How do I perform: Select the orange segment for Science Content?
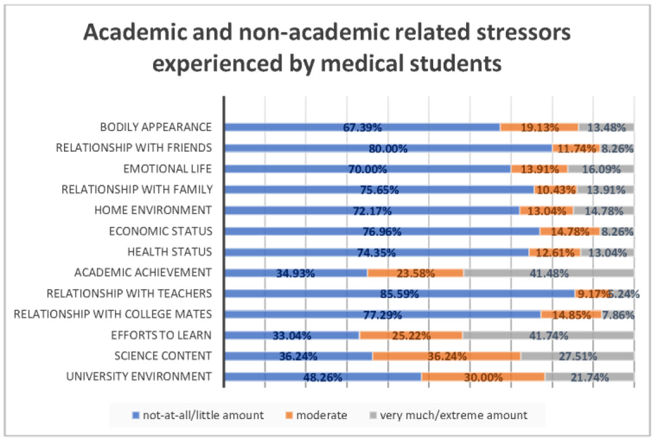[446, 356]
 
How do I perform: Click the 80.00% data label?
[388, 148]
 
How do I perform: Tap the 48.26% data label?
[323, 378]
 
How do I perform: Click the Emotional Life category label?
[168, 169]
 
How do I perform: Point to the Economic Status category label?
[161, 231]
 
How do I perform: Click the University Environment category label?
[138, 377]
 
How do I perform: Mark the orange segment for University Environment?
[483, 377]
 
